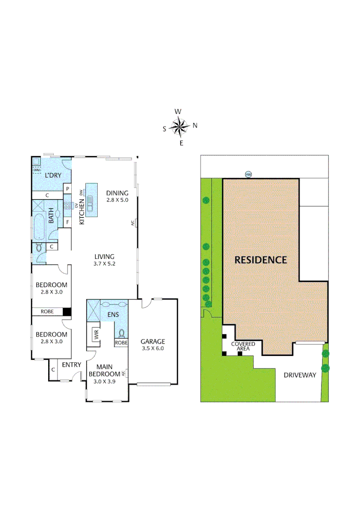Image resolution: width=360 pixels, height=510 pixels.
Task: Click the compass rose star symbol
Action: pos(179,126)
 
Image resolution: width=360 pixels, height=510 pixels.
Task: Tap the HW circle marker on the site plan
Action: pos(249,175)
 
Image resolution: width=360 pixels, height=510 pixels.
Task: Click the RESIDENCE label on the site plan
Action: pos(261,260)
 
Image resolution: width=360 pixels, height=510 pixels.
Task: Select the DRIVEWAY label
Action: pos(300,375)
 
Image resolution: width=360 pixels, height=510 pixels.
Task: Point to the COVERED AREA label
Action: pos(243,346)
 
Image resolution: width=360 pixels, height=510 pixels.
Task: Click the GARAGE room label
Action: pos(153,341)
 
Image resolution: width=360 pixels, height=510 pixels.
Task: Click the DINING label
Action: pos(117,193)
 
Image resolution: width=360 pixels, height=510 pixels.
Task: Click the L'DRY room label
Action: pos(53,176)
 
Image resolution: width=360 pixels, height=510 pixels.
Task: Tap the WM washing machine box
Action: pos(37,170)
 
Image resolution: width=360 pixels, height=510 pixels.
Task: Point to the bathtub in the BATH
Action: pos(39,227)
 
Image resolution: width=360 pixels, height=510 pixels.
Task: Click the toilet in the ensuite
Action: pos(121,333)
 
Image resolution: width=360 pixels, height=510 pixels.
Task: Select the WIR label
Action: pos(96,336)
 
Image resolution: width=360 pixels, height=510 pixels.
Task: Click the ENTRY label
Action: pos(72,365)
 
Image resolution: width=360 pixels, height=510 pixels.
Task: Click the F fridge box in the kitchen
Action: pos(67,221)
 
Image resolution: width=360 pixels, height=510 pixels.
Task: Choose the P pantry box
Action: pos(67,189)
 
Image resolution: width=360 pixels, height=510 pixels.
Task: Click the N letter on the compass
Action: pos(194,126)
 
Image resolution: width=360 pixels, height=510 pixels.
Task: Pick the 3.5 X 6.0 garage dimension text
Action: pos(153,349)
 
